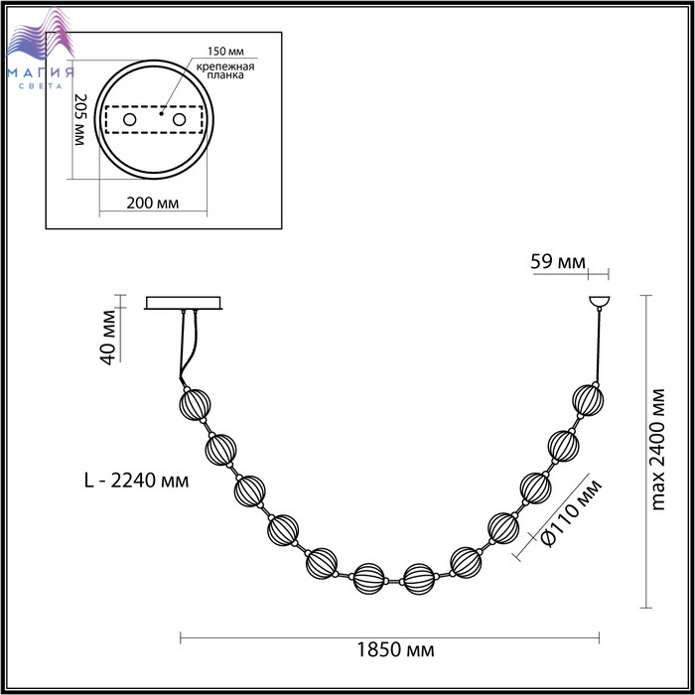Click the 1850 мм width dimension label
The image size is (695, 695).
coord(395,650)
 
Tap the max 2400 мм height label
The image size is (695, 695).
coord(658,450)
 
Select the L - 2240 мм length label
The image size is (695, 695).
coord(137,480)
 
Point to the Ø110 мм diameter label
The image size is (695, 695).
coord(572,512)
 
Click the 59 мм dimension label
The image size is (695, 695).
coord(558,262)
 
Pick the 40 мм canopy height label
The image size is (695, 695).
coord(108,338)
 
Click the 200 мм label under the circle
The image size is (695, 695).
coord(153,203)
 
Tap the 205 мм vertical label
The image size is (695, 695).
coord(79,120)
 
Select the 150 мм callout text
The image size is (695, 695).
coord(225,51)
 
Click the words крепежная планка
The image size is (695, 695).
coord(225,70)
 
